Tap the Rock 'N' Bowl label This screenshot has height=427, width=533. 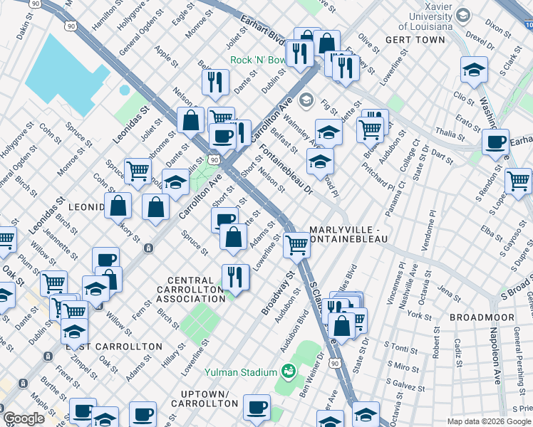(x=254, y=60)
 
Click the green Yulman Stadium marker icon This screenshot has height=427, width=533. (x=289, y=371)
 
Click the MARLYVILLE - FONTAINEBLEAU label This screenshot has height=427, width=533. (x=348, y=235)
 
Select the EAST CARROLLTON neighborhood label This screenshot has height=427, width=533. (x=114, y=346)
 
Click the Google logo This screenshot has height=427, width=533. (x=24, y=418)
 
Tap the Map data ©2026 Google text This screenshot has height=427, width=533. (x=488, y=421)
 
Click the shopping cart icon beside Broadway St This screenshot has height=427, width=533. (x=296, y=244)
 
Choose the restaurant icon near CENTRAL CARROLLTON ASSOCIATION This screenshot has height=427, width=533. (x=236, y=277)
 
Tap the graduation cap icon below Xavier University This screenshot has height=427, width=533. (x=474, y=70)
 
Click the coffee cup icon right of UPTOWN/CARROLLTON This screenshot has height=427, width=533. (x=257, y=408)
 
